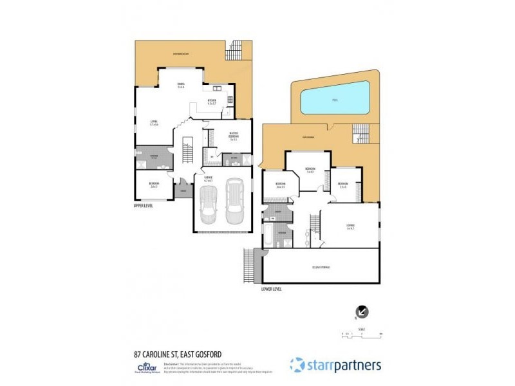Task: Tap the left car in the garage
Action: [209, 205]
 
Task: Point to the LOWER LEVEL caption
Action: [271, 288]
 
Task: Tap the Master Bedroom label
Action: [234, 135]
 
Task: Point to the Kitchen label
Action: [211, 101]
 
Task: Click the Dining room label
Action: [181, 85]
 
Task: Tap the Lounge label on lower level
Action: [351, 226]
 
